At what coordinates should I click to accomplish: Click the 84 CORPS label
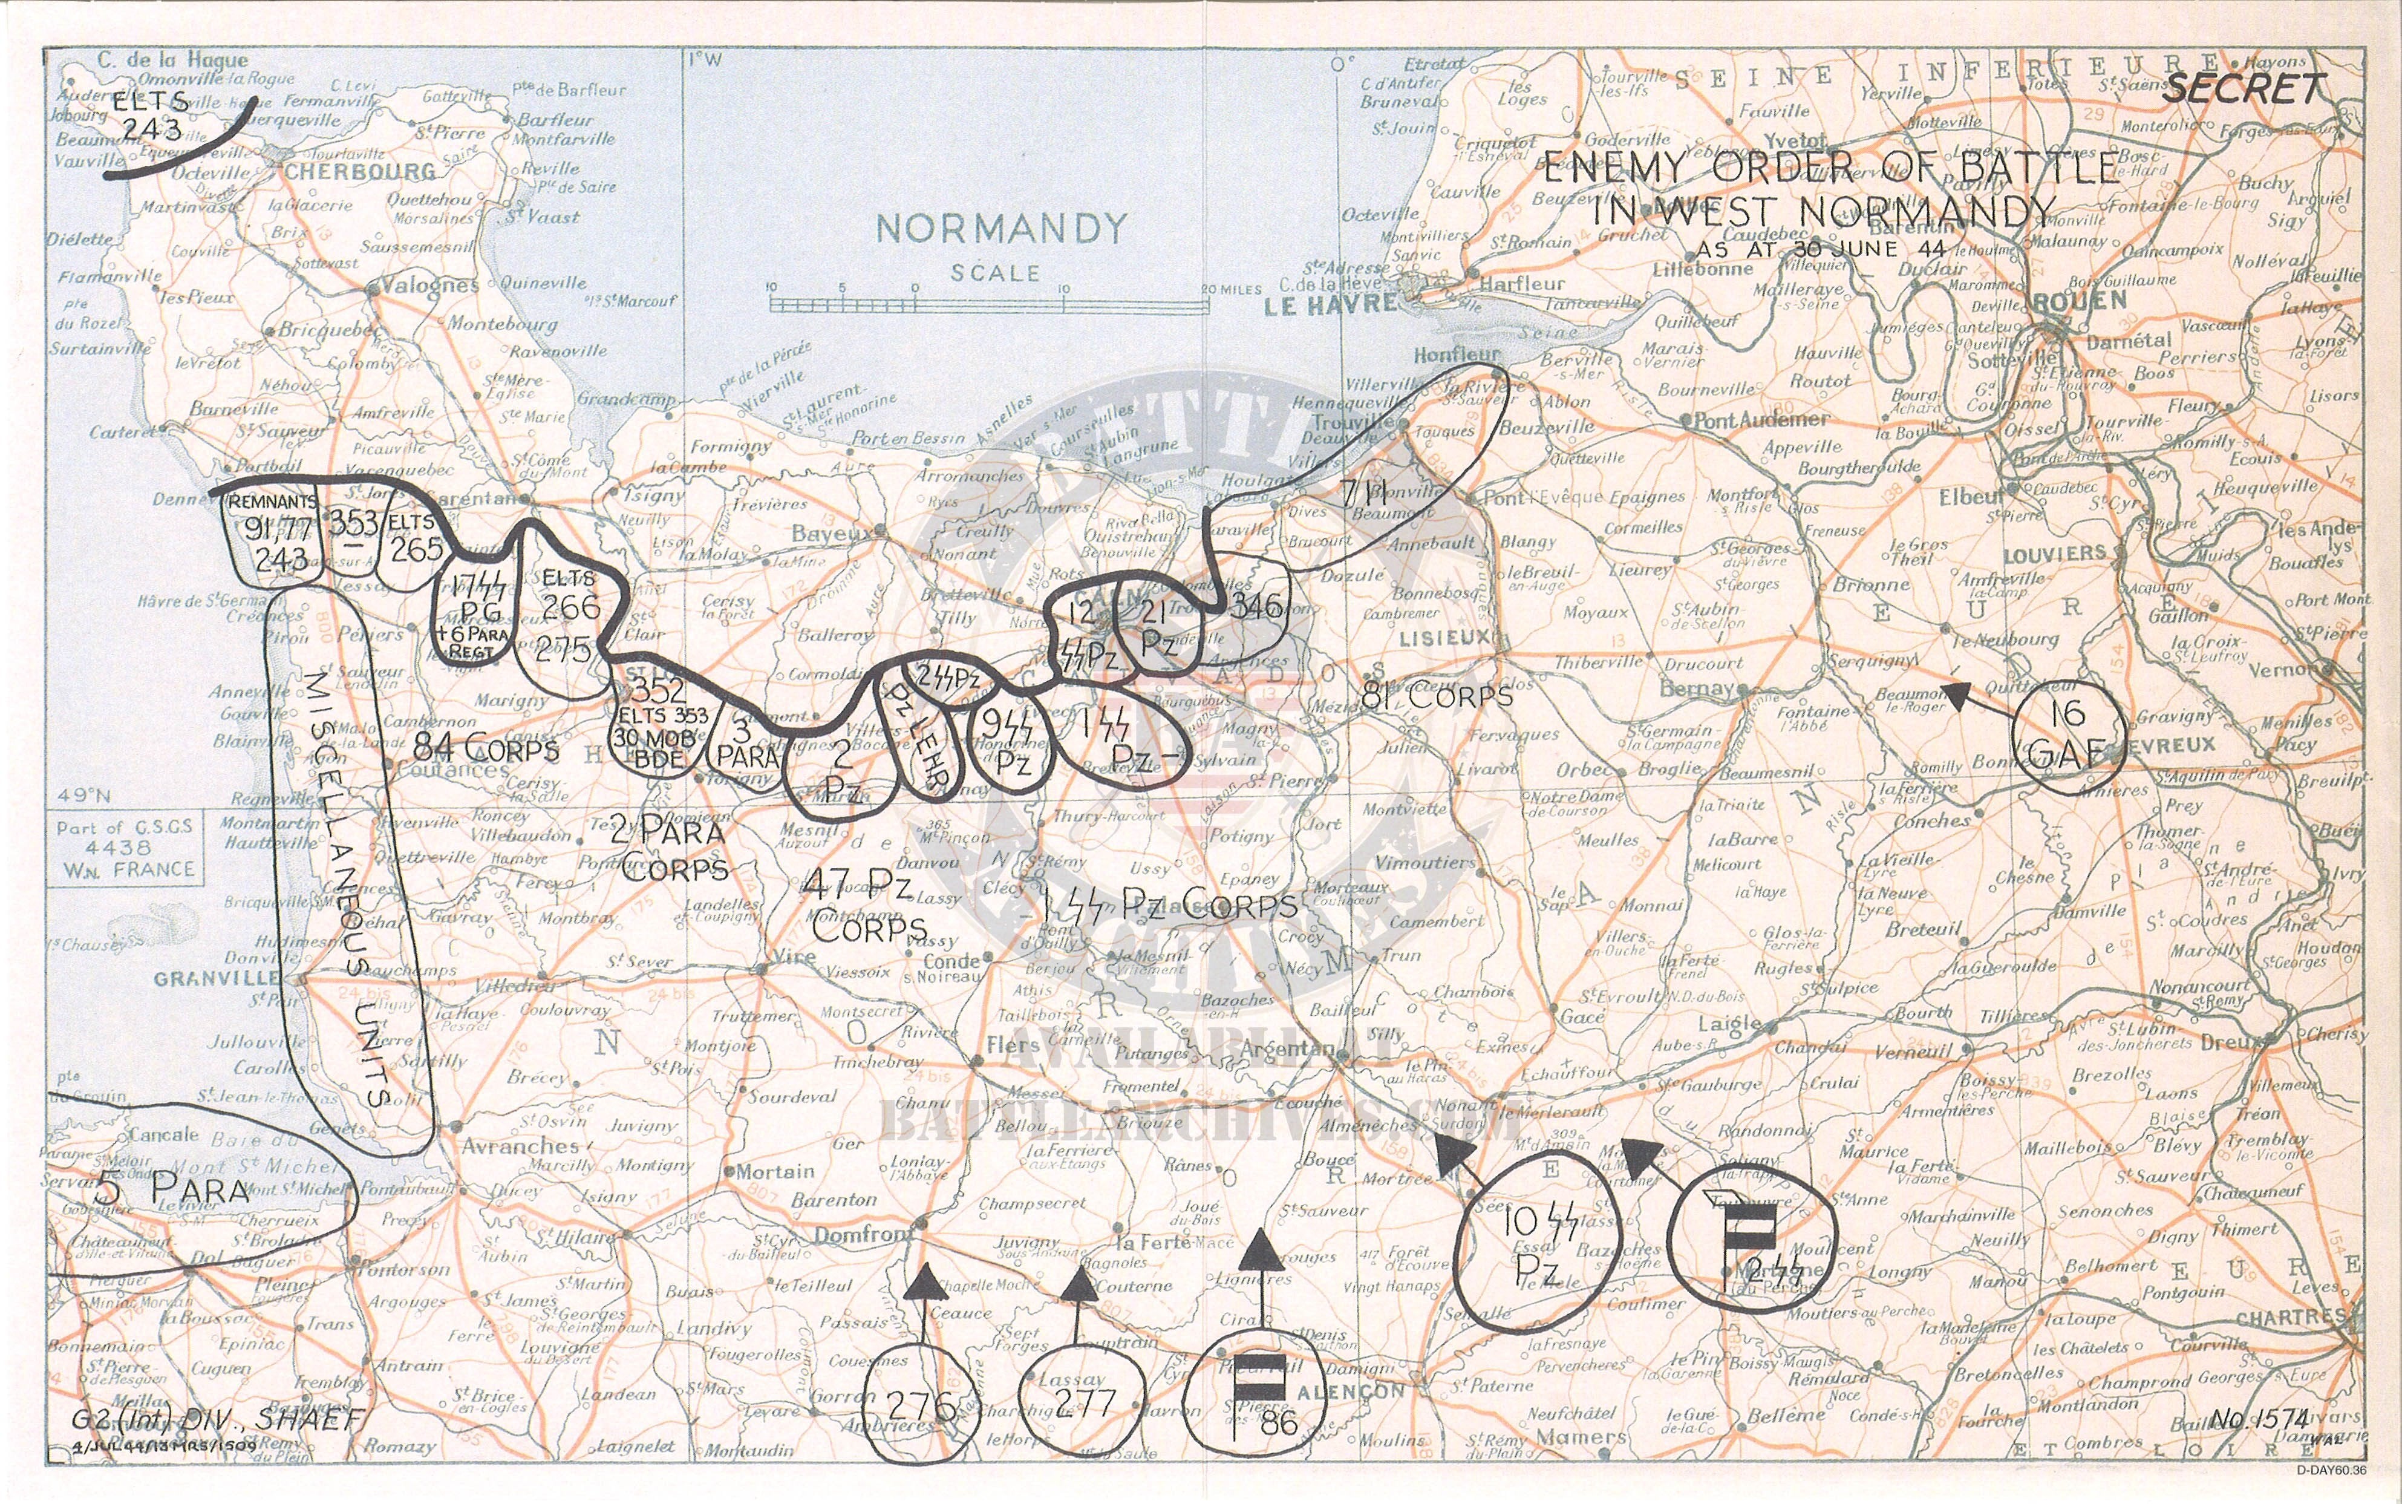click(x=485, y=748)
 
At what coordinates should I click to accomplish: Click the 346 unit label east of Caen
click(x=1256, y=605)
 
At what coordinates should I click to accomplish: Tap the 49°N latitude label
click(x=83, y=795)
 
